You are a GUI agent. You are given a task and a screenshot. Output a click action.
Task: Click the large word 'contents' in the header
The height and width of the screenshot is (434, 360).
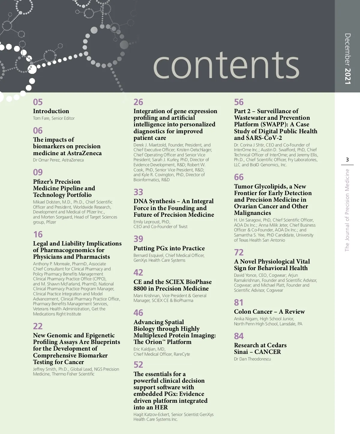[226, 65]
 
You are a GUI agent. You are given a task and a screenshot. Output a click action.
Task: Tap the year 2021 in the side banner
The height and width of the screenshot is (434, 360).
[347, 76]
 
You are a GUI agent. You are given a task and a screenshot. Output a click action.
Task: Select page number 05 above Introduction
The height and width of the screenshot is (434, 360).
[38, 102]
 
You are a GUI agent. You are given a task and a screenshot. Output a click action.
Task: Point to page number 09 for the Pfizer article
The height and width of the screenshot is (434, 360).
[38, 172]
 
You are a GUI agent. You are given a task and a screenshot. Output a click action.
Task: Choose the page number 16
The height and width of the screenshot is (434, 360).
[38, 234]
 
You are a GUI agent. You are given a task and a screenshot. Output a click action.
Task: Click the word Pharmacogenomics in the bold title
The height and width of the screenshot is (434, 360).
[72, 250]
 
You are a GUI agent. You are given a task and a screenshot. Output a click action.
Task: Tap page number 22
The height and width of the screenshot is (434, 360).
[38, 326]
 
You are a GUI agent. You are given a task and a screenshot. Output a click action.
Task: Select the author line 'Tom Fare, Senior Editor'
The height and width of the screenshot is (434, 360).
[54, 118]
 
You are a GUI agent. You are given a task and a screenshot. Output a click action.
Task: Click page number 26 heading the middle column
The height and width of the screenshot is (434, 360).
[138, 102]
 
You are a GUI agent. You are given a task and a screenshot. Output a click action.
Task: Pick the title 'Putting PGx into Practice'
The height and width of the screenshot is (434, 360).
[169, 248]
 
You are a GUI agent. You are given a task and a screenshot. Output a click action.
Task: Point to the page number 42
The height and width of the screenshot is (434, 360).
[138, 273]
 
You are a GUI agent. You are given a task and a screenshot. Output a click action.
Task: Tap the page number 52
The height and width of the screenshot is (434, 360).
[138, 365]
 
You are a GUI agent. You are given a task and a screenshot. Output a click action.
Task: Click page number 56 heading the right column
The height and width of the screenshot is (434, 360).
[239, 102]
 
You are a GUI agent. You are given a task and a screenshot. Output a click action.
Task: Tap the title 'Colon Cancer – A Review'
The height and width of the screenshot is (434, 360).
[269, 312]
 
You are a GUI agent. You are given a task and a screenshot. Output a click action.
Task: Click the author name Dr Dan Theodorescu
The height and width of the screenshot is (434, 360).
[252, 359]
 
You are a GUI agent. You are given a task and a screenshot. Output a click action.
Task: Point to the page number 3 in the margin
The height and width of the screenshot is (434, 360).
[347, 160]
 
